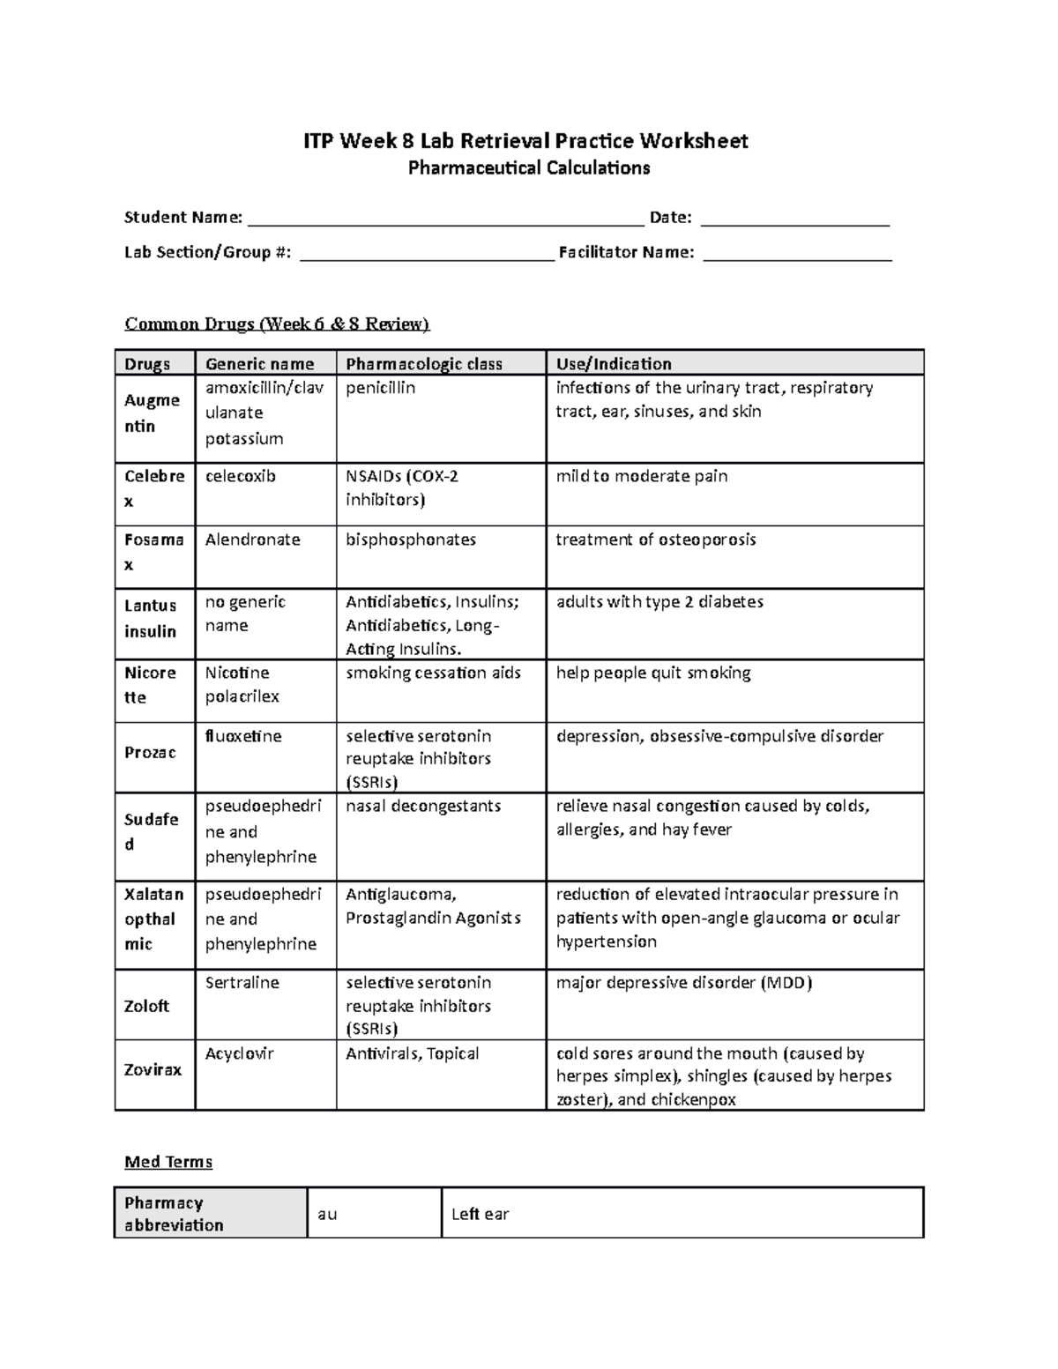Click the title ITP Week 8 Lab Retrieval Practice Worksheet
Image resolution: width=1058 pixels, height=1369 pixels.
[x=525, y=141]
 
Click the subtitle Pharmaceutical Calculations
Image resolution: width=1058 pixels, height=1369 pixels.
[x=528, y=168]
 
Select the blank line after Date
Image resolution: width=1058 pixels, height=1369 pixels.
[x=794, y=219]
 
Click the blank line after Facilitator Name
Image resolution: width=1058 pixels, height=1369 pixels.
[x=798, y=254]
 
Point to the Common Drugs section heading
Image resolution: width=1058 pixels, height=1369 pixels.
[x=277, y=324]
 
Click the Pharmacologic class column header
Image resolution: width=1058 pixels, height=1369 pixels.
[x=423, y=364]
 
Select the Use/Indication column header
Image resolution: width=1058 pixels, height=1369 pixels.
[x=613, y=364]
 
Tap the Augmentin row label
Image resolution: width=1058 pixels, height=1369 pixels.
[x=153, y=413]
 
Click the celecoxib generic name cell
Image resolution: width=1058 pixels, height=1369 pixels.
[x=241, y=476]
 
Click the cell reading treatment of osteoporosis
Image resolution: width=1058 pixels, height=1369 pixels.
[x=655, y=539]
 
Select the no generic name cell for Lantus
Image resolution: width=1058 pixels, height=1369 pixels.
[x=245, y=614]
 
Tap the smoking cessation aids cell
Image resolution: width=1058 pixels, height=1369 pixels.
[x=433, y=673]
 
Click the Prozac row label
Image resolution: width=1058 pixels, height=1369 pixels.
[x=150, y=752]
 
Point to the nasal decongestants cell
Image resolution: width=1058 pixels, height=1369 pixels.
[x=423, y=806]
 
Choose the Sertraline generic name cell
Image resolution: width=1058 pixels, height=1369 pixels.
[x=242, y=982]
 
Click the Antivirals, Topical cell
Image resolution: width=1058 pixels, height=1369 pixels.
[x=412, y=1053]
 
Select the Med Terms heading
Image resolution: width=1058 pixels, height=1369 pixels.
[x=168, y=1162]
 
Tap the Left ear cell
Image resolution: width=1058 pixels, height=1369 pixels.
[x=481, y=1214]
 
